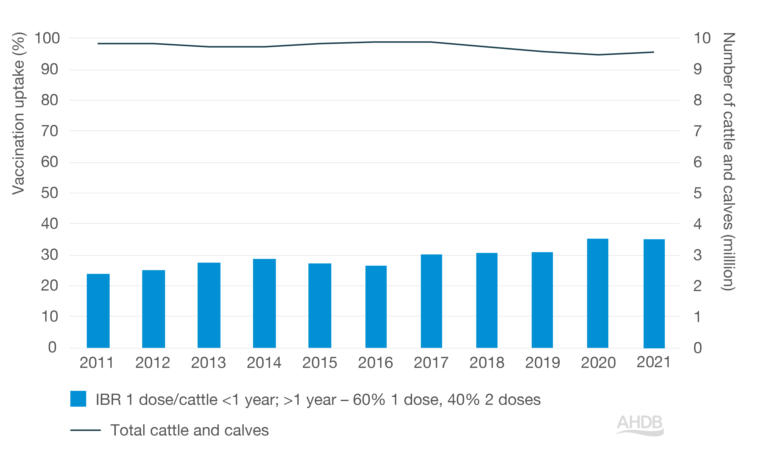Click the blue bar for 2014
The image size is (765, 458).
(264, 303)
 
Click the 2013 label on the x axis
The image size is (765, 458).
(208, 363)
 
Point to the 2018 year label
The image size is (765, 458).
(487, 363)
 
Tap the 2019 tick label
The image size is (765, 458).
(542, 363)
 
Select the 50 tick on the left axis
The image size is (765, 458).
(49, 193)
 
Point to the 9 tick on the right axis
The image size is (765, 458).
(698, 69)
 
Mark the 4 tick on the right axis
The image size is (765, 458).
(698, 224)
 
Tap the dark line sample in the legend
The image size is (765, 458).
(85, 430)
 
